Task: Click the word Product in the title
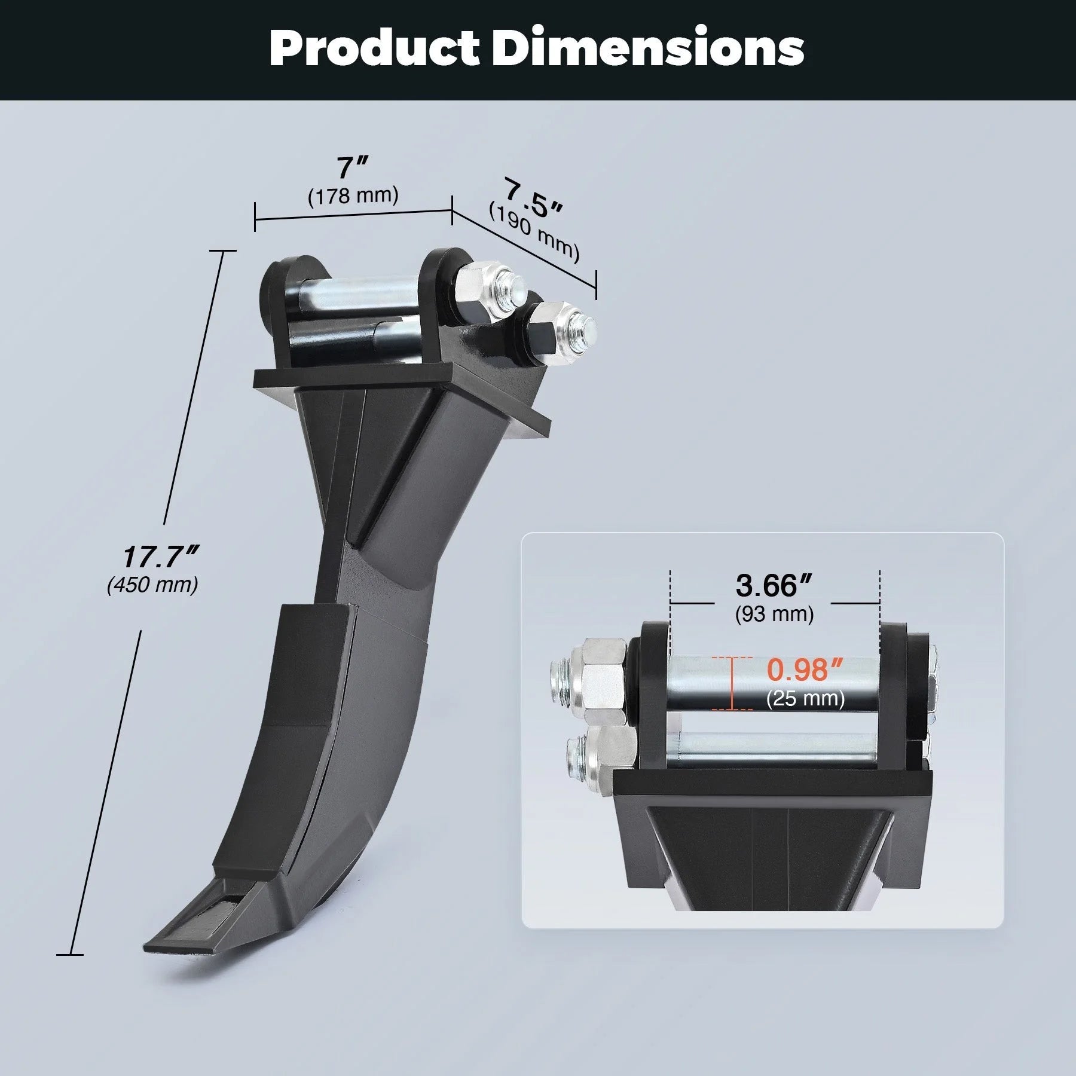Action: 374,48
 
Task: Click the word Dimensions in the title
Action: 648,48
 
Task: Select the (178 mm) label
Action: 353,195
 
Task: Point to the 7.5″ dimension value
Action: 532,200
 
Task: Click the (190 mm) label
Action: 534,233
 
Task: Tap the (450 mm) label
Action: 152,585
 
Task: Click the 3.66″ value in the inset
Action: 774,586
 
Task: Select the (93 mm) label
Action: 774,614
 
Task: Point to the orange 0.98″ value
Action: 805,670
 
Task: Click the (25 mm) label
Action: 805,699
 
